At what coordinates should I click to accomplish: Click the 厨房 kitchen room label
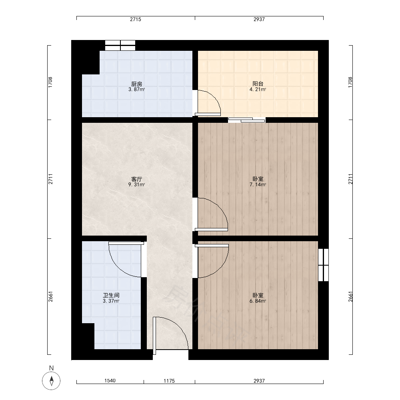[x=136, y=84]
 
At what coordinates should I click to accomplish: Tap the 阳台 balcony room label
[x=258, y=84]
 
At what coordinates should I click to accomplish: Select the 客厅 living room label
[x=136, y=179]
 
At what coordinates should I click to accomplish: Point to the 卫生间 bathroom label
[x=111, y=296]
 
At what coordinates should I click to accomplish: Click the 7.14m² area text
[x=258, y=185]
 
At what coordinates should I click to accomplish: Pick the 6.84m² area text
[x=258, y=301]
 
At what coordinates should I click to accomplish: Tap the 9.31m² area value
[x=136, y=185]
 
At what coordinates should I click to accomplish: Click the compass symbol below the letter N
[x=51, y=381]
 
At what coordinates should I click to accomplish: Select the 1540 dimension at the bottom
[x=110, y=381]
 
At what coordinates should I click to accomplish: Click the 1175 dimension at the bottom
[x=169, y=381]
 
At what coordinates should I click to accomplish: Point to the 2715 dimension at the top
[x=136, y=19]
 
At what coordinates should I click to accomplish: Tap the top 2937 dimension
[x=259, y=19]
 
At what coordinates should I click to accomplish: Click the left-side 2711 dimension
[x=50, y=179]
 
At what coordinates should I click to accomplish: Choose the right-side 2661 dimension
[x=350, y=297]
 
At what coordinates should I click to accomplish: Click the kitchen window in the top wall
[x=120, y=46]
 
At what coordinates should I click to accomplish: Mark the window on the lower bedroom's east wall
[x=324, y=265]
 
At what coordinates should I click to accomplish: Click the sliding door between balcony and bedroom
[x=247, y=120]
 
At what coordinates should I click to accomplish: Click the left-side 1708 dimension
[x=50, y=82]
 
